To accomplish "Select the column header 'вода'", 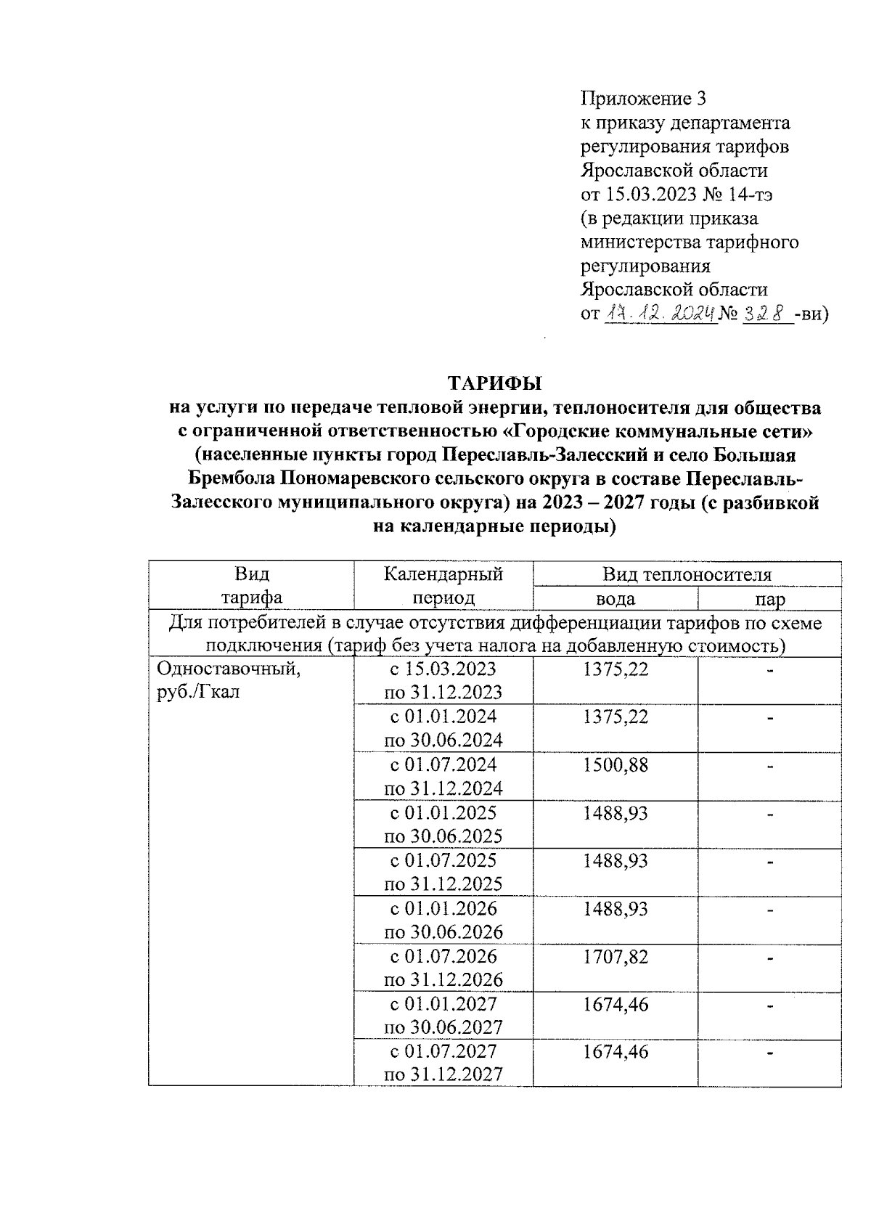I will click(615, 599).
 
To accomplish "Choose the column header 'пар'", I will click(769, 599).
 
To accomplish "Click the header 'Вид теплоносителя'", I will click(687, 574).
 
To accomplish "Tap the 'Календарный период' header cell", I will click(443, 586).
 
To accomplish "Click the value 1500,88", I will click(615, 765).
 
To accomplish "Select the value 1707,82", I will click(615, 957).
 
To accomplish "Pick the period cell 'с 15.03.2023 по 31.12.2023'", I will click(443, 680).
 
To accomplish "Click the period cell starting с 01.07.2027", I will click(443, 1063).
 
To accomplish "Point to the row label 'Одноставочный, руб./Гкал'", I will click(229, 680).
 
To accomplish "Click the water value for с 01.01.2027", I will click(615, 1005).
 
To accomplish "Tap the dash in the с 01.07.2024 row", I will click(769, 765).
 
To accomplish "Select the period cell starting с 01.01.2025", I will click(443, 824).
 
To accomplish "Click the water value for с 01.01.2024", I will click(615, 717).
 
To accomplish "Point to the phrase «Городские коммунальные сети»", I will click(658, 431).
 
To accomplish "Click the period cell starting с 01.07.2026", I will click(443, 968).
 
